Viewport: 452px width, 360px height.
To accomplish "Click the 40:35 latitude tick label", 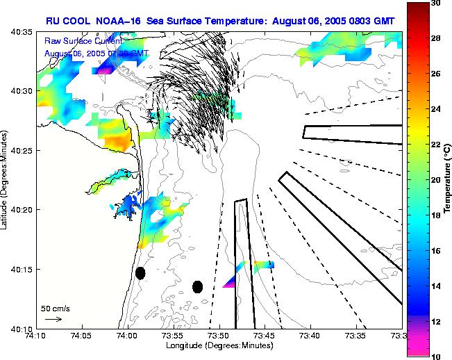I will pyautogui.click(x=23, y=32).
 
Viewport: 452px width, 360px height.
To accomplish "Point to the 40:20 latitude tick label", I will pyautogui.click(x=23, y=209).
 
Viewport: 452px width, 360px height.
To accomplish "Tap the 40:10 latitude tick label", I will pyautogui.click(x=23, y=328).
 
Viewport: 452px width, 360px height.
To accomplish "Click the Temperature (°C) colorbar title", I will pyautogui.click(x=448, y=180).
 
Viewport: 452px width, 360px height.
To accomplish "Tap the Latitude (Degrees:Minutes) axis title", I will pyautogui.click(x=6, y=180).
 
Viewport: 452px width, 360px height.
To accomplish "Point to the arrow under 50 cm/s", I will pyautogui.click(x=53, y=319).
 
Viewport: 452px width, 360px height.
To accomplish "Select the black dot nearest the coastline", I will pyautogui.click(x=140, y=273).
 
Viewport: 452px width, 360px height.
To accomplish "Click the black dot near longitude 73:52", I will pyautogui.click(x=197, y=286).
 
